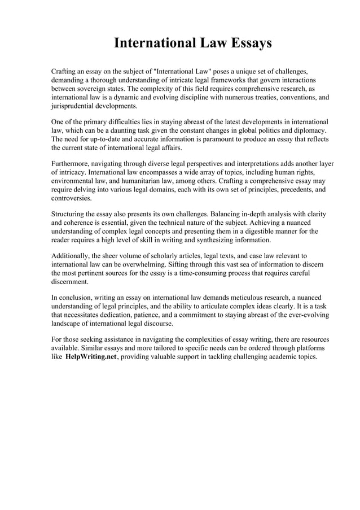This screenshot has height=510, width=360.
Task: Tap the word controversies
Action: click(x=72, y=198)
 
